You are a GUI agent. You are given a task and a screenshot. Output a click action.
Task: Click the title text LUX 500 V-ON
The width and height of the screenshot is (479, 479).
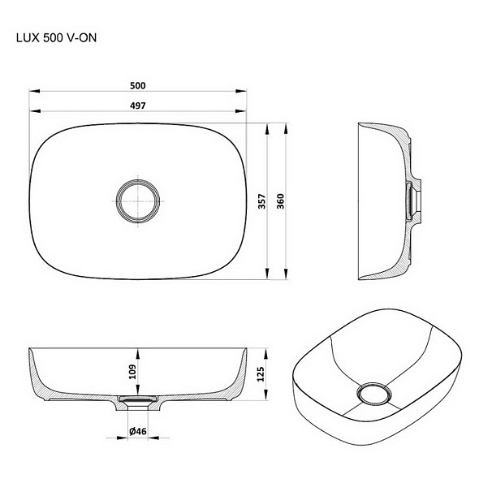click(56, 38)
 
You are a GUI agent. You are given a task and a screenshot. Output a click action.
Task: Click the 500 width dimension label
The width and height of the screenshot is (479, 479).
click(138, 85)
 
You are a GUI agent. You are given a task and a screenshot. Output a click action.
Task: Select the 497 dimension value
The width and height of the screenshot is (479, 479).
click(138, 106)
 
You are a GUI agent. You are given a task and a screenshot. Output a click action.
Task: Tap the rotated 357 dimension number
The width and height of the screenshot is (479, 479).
click(262, 201)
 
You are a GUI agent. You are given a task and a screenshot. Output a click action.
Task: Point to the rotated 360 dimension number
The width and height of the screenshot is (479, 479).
click(280, 201)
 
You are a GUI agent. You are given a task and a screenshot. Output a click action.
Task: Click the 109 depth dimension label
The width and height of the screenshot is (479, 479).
click(132, 372)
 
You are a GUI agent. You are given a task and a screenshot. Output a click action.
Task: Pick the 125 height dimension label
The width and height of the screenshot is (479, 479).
click(261, 374)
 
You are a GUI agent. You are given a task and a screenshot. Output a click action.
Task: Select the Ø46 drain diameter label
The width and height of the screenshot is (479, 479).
click(138, 431)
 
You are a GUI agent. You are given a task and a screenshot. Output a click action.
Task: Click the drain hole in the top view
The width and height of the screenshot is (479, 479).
click(138, 201)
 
